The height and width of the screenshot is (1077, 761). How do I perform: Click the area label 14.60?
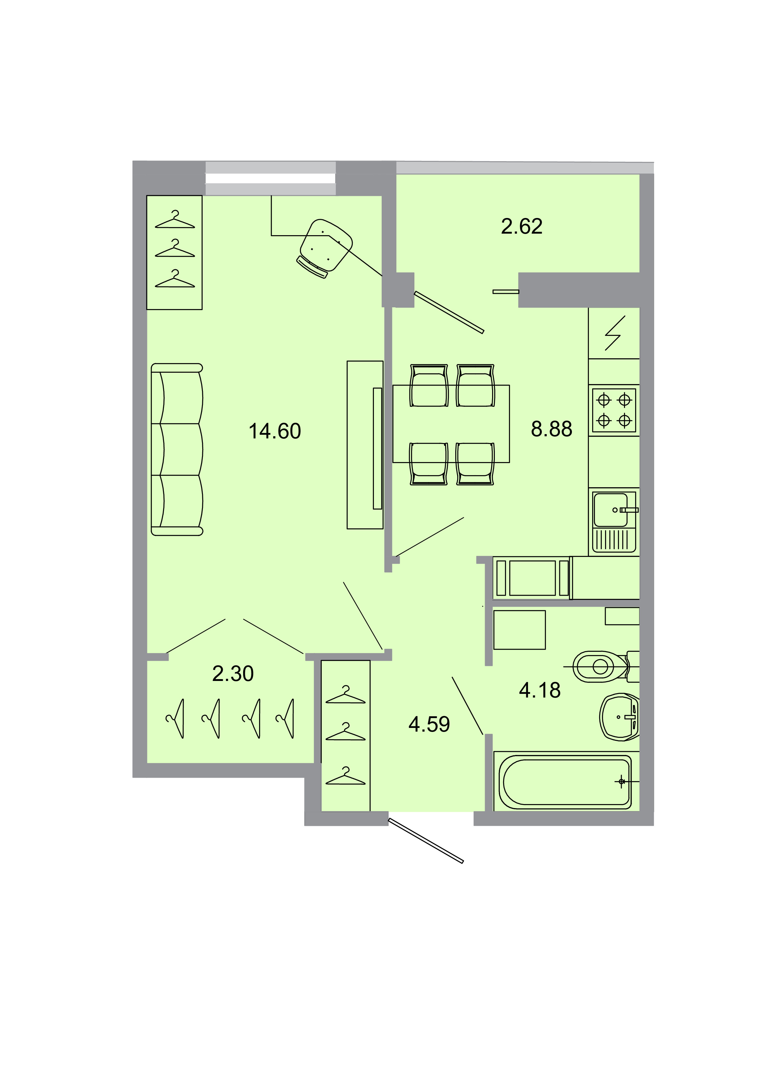pyautogui.click(x=275, y=431)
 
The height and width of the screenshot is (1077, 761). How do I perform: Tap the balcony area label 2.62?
pyautogui.click(x=522, y=227)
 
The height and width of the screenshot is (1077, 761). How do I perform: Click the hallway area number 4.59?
pyautogui.click(x=429, y=724)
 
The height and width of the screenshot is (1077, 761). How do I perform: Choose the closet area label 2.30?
pyautogui.click(x=233, y=674)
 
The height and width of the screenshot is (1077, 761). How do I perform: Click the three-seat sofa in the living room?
pyautogui.click(x=177, y=449)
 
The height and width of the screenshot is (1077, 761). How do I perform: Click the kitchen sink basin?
pyautogui.click(x=611, y=510)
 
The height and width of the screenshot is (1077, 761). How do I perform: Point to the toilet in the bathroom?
pyautogui.click(x=603, y=666)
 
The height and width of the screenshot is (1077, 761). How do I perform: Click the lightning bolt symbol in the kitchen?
pyautogui.click(x=615, y=333)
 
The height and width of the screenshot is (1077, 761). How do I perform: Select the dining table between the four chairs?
pyautogui.click(x=451, y=424)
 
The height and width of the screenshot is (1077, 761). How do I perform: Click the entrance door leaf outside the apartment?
pyautogui.click(x=426, y=841)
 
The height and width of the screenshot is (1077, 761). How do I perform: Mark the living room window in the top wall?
pyautogui.click(x=270, y=178)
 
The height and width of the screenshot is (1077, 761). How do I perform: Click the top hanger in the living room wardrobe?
pyautogui.click(x=175, y=219)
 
